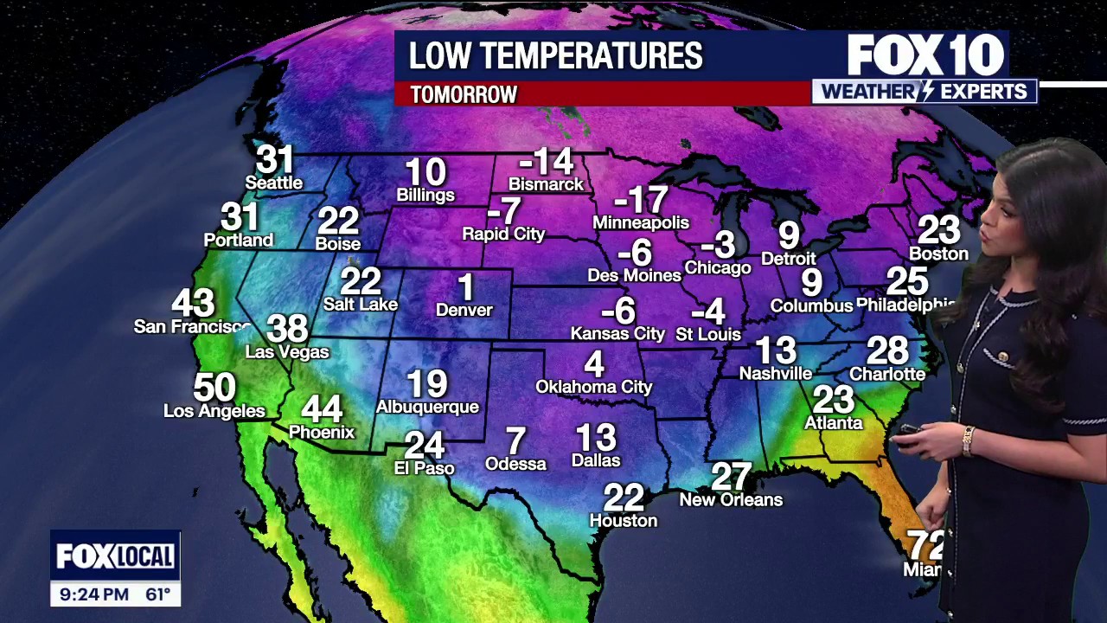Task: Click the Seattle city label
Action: [x=273, y=183]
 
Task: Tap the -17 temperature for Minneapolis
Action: [x=641, y=201]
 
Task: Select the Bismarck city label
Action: [x=546, y=184]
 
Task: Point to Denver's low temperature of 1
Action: [x=465, y=288]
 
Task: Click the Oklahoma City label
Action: [x=593, y=387]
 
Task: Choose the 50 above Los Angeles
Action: [x=214, y=387]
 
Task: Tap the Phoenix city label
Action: [x=322, y=432]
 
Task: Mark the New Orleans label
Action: [x=731, y=500]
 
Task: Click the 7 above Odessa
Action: [x=515, y=441]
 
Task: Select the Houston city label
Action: [x=623, y=520]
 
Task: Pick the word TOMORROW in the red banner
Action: [x=464, y=94]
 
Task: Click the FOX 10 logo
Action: [x=925, y=56]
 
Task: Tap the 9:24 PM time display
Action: [x=94, y=594]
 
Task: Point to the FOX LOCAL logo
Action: [x=115, y=556]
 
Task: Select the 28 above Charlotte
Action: [x=887, y=351]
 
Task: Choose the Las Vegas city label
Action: [x=287, y=352]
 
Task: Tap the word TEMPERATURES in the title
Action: [x=603, y=56]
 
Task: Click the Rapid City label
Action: [x=503, y=234]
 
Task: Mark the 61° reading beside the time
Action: [x=157, y=594]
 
